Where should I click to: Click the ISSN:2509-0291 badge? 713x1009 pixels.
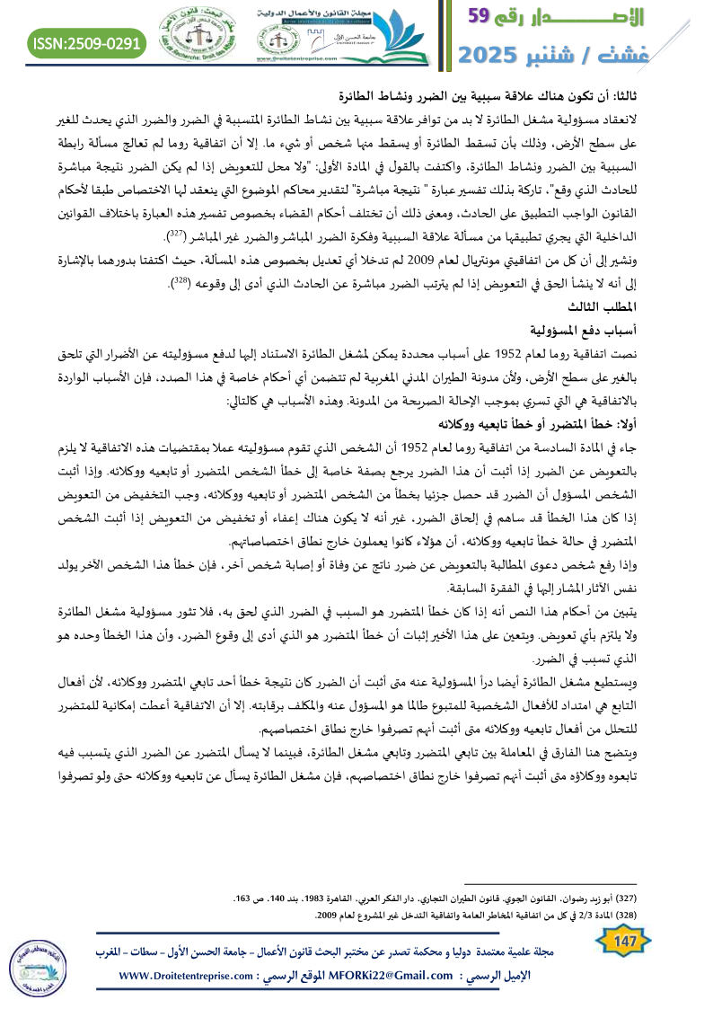pos(88,43)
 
